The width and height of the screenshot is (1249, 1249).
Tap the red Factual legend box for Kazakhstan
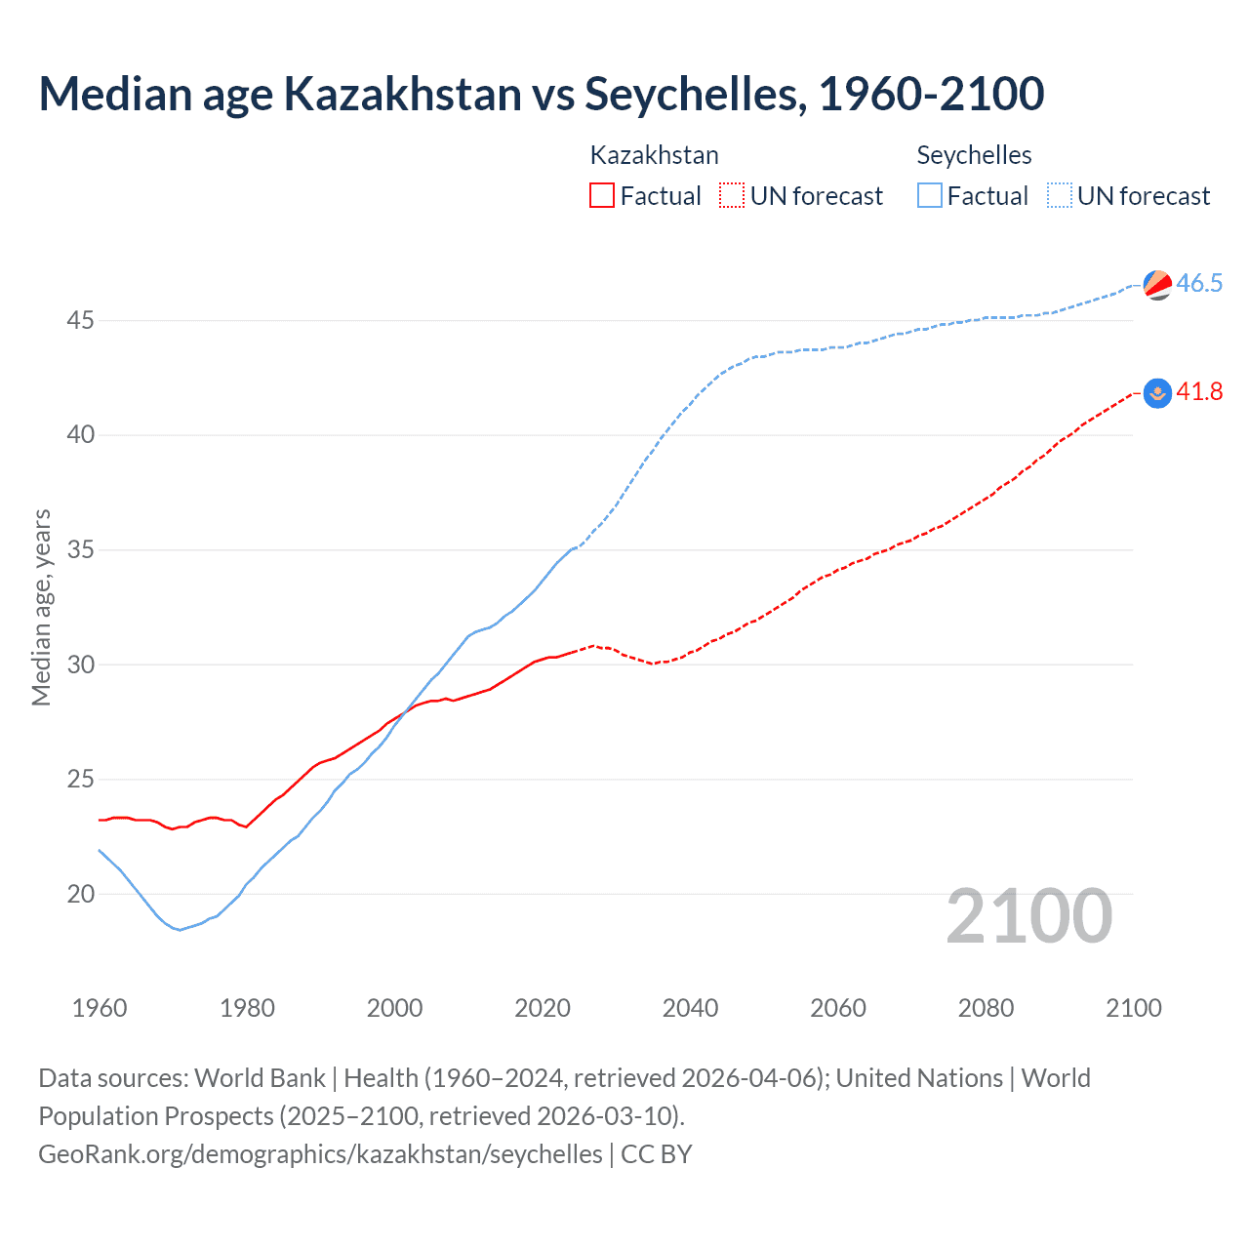(602, 195)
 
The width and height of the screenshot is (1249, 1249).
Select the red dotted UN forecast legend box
(732, 195)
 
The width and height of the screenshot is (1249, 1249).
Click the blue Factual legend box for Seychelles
(930, 195)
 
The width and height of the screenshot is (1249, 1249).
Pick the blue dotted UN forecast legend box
(1059, 195)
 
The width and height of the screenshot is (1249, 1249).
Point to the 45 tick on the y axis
(80, 320)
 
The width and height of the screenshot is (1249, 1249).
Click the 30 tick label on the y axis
(80, 665)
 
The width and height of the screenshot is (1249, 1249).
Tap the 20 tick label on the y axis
(80, 894)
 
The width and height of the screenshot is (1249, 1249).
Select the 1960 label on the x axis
(100, 1008)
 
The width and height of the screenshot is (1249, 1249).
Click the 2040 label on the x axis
(690, 1008)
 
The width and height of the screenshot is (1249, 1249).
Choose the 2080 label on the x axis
(986, 1008)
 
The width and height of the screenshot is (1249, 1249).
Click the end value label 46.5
(1199, 284)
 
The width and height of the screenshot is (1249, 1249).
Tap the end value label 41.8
(1199, 392)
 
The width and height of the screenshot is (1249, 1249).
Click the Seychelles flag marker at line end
(1157, 284)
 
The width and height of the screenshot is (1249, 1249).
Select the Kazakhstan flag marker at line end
(1157, 392)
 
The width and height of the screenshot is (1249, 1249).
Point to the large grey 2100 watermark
(1028, 916)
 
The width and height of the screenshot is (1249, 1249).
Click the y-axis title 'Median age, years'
(41, 607)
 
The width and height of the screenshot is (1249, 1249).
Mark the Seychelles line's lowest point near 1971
(180, 930)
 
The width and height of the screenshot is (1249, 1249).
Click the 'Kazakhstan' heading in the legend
(654, 155)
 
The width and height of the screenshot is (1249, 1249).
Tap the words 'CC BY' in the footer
(657, 1154)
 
